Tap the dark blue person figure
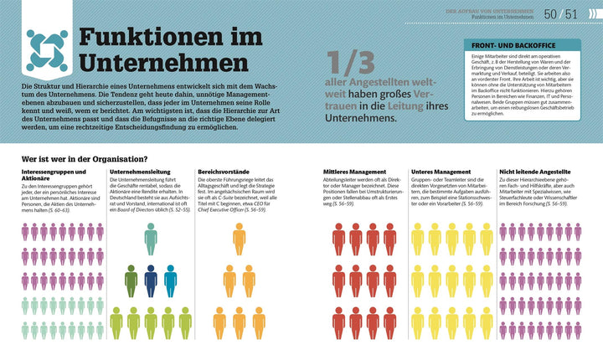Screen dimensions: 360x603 [x=151, y=280]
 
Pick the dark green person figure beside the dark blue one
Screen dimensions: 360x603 [x=131, y=280]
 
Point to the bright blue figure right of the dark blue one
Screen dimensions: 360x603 [x=170, y=280]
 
